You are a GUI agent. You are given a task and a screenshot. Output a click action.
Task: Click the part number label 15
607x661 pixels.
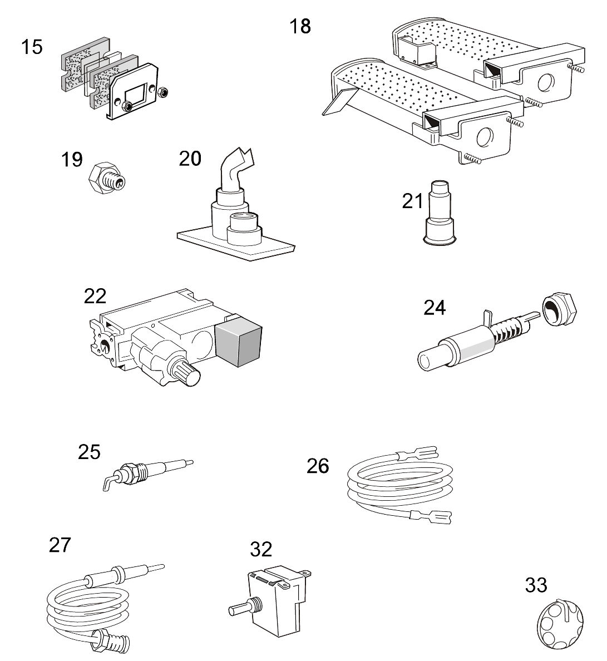pyautogui.click(x=32, y=47)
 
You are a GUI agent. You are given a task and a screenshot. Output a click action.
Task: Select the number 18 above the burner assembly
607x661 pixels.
pyautogui.click(x=300, y=26)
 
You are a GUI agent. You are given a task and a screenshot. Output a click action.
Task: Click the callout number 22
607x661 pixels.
pyautogui.click(x=95, y=296)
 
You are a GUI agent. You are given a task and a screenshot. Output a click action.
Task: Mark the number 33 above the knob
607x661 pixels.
pyautogui.click(x=536, y=585)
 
